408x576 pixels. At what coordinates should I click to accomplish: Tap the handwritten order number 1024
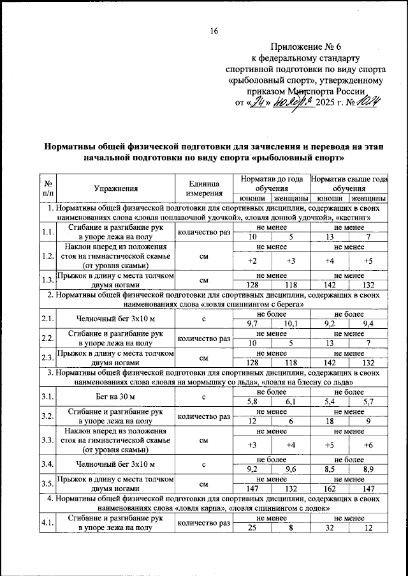(368, 102)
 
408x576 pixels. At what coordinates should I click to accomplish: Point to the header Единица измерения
(204, 188)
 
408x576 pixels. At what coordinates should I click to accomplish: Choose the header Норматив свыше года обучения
(349, 184)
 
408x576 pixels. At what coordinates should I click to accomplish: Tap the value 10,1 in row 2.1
(291, 324)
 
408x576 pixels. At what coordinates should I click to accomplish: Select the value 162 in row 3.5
(330, 488)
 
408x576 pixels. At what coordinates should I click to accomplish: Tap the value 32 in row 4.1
(330, 529)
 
